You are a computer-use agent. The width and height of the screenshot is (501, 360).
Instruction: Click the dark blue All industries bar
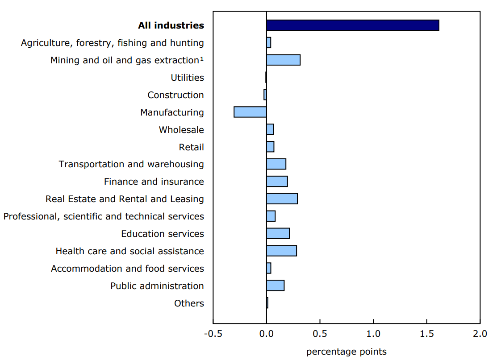352,25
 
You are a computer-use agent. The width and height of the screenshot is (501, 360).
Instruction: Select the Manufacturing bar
250,112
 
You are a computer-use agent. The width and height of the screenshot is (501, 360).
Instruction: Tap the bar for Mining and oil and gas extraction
283,60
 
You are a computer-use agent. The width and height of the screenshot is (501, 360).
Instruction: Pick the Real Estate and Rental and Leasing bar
282,199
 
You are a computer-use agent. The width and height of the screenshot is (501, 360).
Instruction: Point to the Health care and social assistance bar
281,251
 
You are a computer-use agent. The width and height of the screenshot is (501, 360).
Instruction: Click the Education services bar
278,234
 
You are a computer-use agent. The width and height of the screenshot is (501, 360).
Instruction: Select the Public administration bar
275,286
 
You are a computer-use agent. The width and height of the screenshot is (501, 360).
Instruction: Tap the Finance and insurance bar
277,182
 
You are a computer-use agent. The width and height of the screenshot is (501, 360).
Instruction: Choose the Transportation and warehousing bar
276,164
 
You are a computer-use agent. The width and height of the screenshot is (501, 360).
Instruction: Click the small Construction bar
265,95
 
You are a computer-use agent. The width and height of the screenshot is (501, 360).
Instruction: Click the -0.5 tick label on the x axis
213,334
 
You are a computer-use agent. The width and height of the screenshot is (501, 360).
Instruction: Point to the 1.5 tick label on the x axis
426,334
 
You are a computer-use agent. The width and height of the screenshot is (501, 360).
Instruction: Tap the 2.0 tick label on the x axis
480,334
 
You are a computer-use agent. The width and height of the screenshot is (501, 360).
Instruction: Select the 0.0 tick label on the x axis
266,334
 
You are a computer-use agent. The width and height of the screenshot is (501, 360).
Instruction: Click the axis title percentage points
346,352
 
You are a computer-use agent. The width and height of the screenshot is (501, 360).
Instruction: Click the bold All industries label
171,25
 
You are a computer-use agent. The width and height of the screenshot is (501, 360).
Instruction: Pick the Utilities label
187,78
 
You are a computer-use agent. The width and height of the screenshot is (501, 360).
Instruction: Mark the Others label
189,303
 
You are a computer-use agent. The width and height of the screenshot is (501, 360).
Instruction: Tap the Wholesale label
181,130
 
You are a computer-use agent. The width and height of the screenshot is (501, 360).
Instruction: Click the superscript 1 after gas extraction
202,58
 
